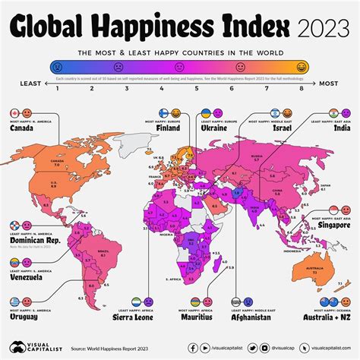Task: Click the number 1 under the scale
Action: coord(58,89)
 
